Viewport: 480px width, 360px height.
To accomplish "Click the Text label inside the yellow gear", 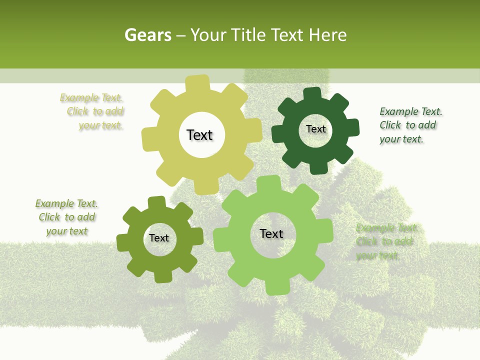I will click(x=200, y=135).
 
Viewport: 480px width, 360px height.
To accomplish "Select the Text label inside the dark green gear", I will click(x=315, y=129).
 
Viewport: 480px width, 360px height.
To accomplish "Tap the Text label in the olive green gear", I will click(x=159, y=238).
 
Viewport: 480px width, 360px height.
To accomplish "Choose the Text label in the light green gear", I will click(x=271, y=233).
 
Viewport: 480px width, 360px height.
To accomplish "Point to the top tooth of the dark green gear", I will click(x=311, y=93).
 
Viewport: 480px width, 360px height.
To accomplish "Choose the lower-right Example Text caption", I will click(x=385, y=241).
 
